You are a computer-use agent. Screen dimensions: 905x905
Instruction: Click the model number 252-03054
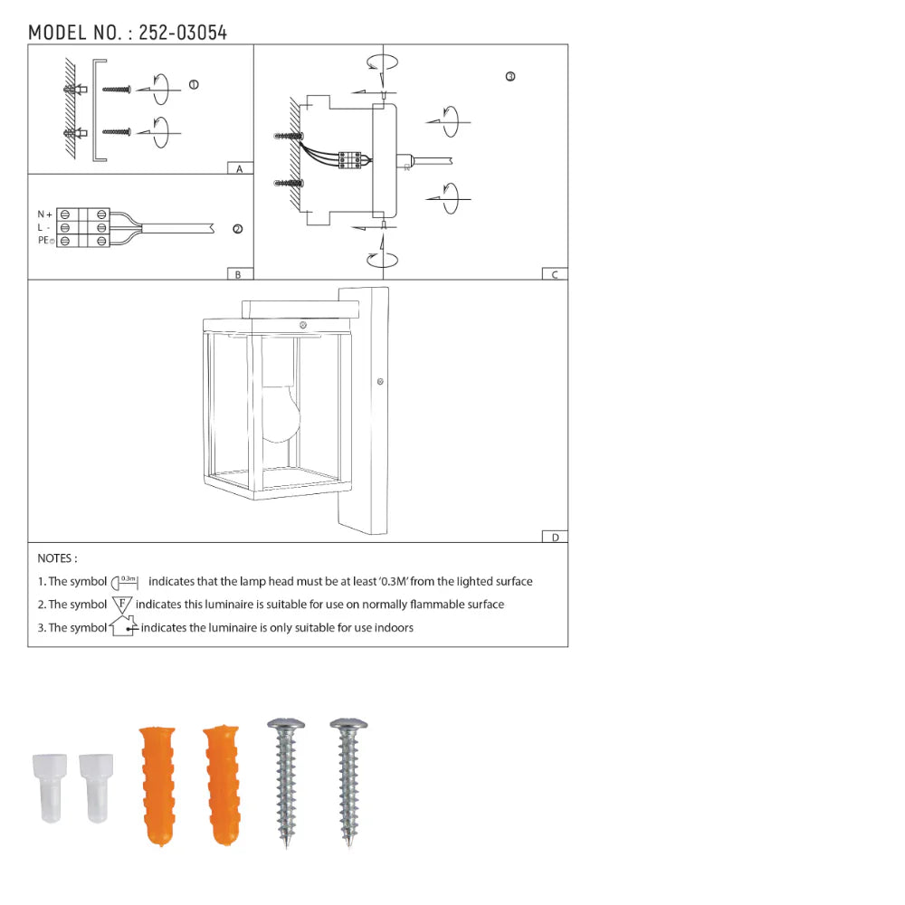(183, 33)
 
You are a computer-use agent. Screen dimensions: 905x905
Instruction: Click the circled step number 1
(194, 85)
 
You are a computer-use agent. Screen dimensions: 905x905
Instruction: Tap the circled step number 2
(237, 229)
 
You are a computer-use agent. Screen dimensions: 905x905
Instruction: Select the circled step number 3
(510, 77)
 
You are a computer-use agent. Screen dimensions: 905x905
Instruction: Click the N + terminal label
(44, 214)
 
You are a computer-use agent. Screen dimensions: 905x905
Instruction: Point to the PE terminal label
(46, 242)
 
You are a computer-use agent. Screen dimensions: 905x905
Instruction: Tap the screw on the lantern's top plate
(304, 325)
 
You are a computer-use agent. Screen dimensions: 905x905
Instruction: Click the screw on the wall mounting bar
(380, 382)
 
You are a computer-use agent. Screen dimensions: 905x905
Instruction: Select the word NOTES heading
(57, 558)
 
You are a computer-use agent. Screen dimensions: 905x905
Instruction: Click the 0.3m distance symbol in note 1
(126, 581)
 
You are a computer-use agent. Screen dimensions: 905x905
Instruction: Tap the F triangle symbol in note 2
(122, 604)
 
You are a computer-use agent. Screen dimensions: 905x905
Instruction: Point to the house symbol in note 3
(123, 626)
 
